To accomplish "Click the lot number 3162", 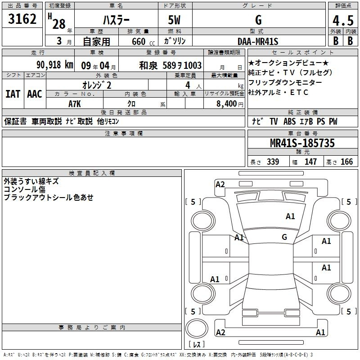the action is (22, 19).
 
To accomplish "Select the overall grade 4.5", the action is (343, 20).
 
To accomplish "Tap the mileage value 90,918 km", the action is (54, 65).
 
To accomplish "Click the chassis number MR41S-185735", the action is (302, 143).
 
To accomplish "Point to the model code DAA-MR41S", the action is (258, 41).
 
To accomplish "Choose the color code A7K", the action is (75, 104).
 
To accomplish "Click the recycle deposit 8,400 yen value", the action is (229, 104).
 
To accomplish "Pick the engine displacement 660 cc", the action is (143, 42).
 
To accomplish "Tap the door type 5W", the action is (174, 20).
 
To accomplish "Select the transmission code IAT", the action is (13, 94).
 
